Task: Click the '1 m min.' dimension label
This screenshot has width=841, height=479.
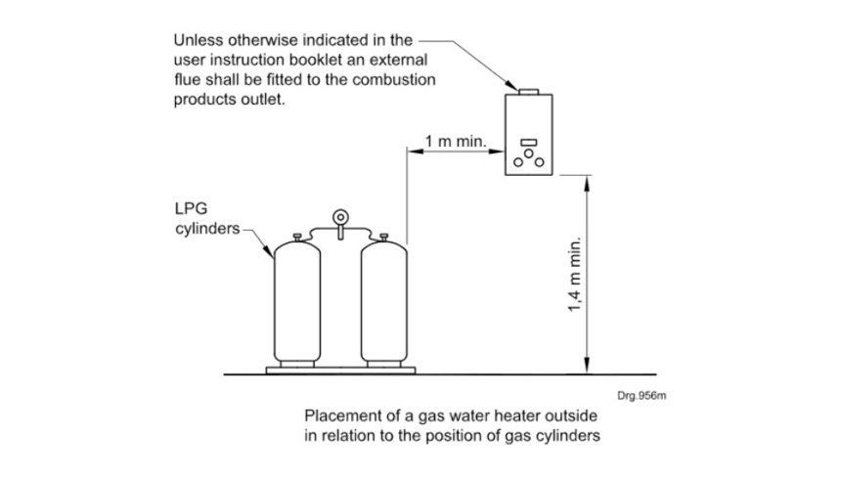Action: pyautogui.click(x=457, y=142)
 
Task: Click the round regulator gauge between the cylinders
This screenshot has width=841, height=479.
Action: pyautogui.click(x=339, y=216)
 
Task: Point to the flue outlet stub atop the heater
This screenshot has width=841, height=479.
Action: pyautogui.click(x=529, y=92)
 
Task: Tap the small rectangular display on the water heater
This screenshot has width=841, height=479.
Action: pyautogui.click(x=529, y=143)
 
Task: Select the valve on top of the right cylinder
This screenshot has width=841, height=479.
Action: pyautogui.click(x=383, y=236)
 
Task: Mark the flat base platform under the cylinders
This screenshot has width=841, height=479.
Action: pyautogui.click(x=339, y=370)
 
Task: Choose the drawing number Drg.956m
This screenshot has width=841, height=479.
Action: pyautogui.click(x=642, y=396)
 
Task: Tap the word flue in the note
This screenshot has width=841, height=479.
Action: pyautogui.click(x=188, y=81)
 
